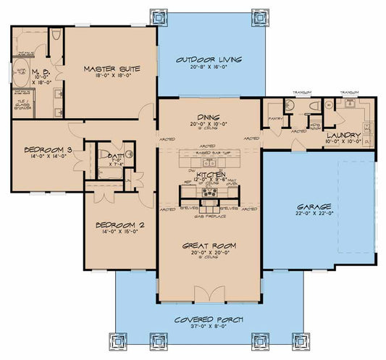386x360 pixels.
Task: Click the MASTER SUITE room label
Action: [111, 69]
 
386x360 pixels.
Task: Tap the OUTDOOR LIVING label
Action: [209, 59]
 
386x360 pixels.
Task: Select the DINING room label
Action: [209, 117]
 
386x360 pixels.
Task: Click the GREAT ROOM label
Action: [209, 246]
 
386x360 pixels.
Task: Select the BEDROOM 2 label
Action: [120, 225]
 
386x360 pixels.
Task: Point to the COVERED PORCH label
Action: [209, 319]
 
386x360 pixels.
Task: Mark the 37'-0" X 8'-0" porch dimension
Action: [209, 328]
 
